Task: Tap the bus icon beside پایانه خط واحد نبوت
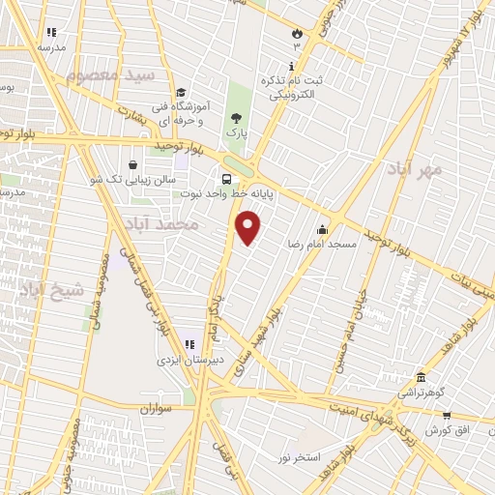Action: pyautogui.click(x=226, y=179)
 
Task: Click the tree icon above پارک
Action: pyautogui.click(x=237, y=116)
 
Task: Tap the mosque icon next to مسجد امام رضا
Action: pyautogui.click(x=321, y=230)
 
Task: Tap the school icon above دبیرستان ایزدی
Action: pyautogui.click(x=189, y=344)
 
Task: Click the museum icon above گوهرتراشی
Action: pyautogui.click(x=421, y=378)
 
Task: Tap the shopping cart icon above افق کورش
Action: pyautogui.click(x=447, y=415)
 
